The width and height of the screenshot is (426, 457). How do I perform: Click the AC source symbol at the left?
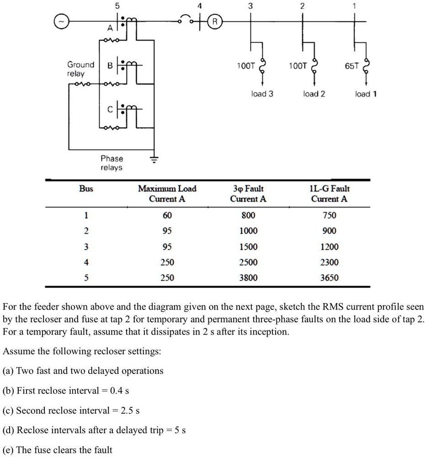tap(62, 21)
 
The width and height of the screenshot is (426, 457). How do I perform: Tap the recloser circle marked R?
tap(215, 21)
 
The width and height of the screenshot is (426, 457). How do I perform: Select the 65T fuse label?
tap(351, 66)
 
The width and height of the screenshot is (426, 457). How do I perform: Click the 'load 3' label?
tap(262, 94)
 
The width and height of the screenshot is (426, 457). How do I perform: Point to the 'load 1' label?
tap(366, 94)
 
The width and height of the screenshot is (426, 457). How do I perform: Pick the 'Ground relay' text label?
tap(80, 69)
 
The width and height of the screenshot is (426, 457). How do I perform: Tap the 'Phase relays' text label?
tap(112, 163)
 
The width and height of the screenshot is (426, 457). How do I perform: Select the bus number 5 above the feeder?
tap(117, 6)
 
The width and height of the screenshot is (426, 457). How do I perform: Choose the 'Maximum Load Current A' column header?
tap(167, 194)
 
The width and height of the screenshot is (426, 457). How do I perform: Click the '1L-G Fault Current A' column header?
tap(329, 194)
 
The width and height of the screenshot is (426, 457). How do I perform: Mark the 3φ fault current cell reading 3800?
tap(248, 278)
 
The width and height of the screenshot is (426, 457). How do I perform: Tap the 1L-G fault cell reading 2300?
tap(329, 262)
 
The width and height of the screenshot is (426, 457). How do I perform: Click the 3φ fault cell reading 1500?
tap(248, 247)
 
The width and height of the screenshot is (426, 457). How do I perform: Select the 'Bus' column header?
tap(86, 189)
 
